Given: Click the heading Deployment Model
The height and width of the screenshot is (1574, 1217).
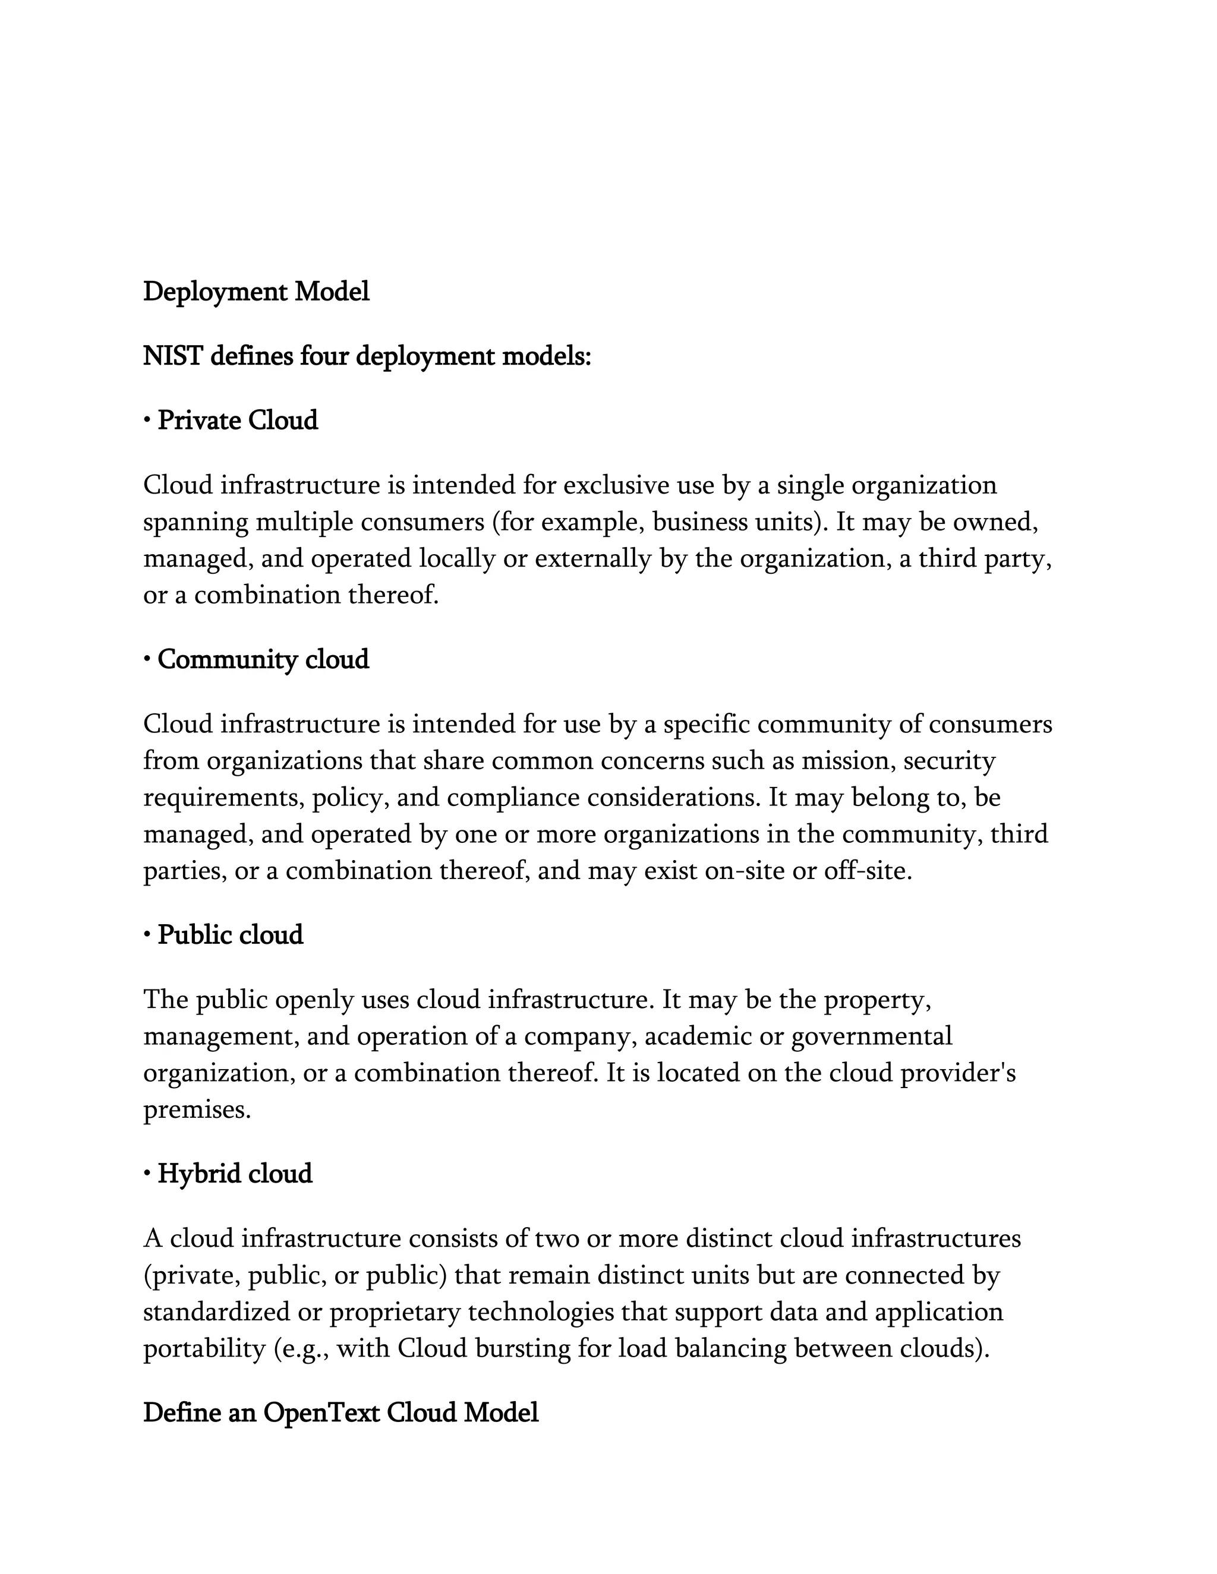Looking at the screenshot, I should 256,292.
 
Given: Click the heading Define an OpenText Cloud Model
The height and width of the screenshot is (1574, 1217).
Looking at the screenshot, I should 341,1413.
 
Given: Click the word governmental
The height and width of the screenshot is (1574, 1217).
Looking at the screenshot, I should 872,1036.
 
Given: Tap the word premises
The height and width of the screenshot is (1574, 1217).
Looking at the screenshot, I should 196,1110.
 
